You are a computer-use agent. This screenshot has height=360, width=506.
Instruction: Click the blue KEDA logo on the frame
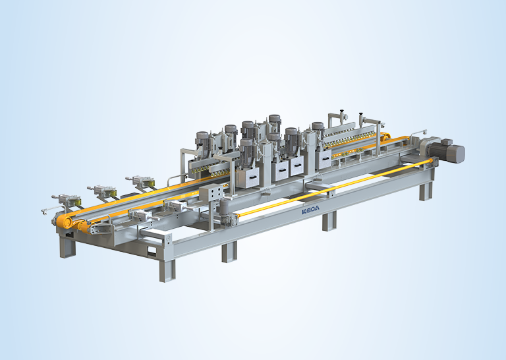click(x=310, y=210)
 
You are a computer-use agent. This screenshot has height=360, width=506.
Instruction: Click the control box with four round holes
click(x=211, y=193)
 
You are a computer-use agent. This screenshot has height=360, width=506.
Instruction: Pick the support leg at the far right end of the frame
click(x=426, y=191)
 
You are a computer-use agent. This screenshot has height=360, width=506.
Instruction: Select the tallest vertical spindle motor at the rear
click(x=275, y=123)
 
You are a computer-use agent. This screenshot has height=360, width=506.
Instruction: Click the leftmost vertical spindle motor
click(x=203, y=141)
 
